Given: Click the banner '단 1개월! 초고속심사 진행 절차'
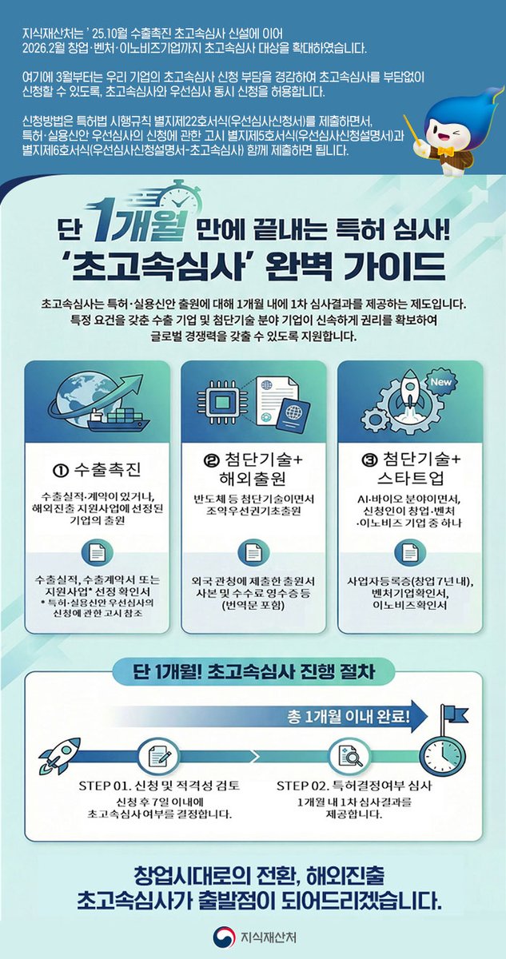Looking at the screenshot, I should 253,671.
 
